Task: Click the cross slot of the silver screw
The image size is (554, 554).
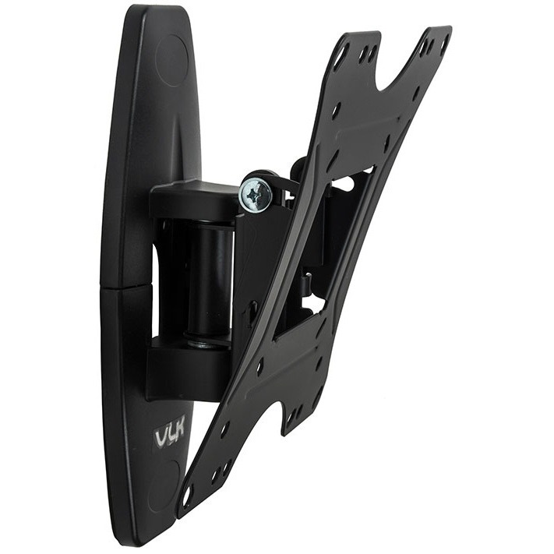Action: tap(255, 194)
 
